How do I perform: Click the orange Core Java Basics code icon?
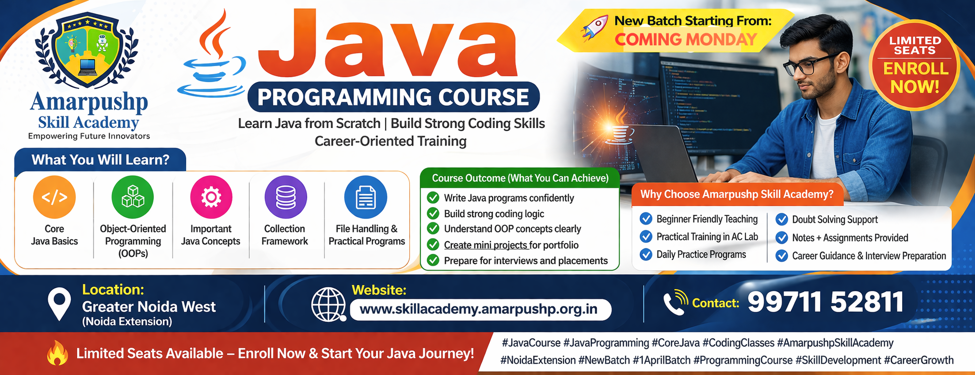click(x=54, y=197)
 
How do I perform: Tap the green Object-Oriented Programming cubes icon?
click(x=133, y=197)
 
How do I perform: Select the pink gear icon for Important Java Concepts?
click(x=211, y=197)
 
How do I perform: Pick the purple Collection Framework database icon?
click(x=285, y=197)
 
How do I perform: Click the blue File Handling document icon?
click(x=366, y=197)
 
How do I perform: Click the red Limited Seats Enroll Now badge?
click(x=914, y=65)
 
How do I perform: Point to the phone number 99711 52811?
click(x=825, y=303)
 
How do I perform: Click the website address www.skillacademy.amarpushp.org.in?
click(x=479, y=309)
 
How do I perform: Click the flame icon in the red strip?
click(x=57, y=353)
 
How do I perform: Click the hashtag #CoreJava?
click(x=675, y=343)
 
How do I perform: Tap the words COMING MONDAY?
click(x=685, y=40)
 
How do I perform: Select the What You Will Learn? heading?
click(x=100, y=160)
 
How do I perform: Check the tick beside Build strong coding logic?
click(x=433, y=213)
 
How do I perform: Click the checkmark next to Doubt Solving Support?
click(x=782, y=220)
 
